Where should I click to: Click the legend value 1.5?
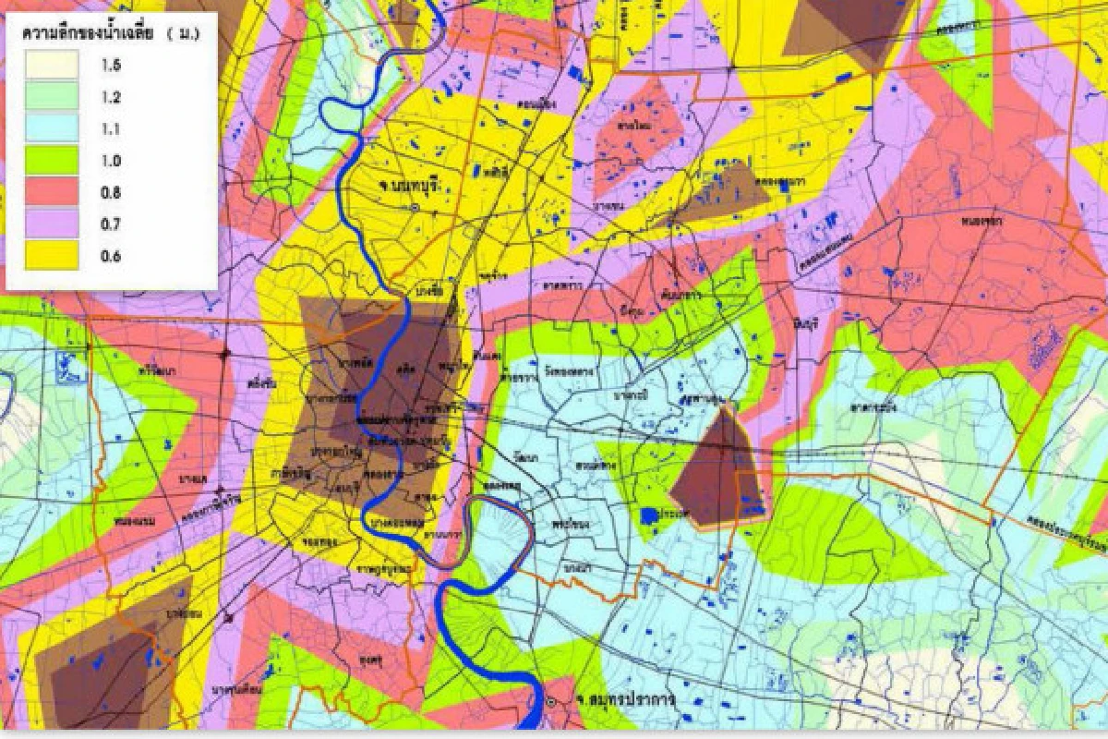click(112, 66)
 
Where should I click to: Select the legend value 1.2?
click(112, 97)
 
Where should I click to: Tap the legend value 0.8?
click(112, 192)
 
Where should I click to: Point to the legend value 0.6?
click(112, 256)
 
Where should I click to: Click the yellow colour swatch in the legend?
click(52, 256)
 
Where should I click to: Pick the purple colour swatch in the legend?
click(52, 224)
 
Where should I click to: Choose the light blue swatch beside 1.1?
click(52, 129)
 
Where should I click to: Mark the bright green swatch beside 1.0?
click(52, 161)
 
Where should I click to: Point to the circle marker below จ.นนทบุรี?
click(415, 207)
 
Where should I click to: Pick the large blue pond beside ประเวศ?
click(649, 515)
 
